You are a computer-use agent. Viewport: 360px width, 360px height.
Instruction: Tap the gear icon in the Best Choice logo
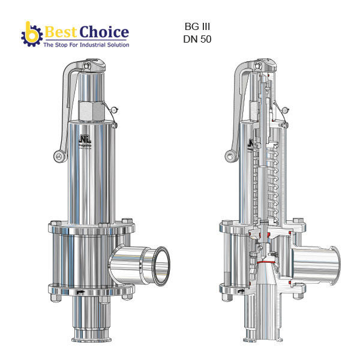[x=30, y=35]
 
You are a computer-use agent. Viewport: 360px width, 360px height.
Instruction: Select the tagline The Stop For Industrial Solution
[x=86, y=44]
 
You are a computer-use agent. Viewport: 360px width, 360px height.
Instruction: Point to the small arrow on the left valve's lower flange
[x=81, y=293]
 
